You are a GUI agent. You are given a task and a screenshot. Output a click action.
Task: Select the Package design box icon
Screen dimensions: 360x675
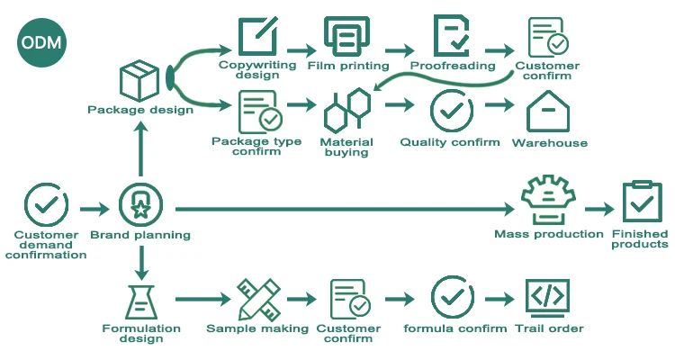pyautogui.click(x=139, y=81)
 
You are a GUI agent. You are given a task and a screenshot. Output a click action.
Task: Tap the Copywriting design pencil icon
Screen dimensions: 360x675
pyautogui.click(x=258, y=37)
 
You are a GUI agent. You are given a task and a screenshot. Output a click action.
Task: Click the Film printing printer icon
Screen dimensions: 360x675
pyautogui.click(x=348, y=37)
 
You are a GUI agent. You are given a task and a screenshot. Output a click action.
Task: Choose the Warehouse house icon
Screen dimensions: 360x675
pyautogui.click(x=549, y=112)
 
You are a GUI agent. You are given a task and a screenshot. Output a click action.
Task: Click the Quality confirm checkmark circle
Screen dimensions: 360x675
pyautogui.click(x=451, y=112)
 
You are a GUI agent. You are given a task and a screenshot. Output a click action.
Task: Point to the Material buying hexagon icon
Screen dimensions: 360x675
pyautogui.click(x=346, y=111)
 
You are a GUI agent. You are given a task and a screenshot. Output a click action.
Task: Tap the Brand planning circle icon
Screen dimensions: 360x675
pyautogui.click(x=140, y=205)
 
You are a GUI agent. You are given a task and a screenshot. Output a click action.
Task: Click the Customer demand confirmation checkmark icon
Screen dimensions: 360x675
pyautogui.click(x=45, y=205)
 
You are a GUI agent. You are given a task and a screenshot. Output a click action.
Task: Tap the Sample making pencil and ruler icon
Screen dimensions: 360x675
pyautogui.click(x=257, y=299)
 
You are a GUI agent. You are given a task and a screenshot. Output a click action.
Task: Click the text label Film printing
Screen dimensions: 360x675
pyautogui.click(x=348, y=66)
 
